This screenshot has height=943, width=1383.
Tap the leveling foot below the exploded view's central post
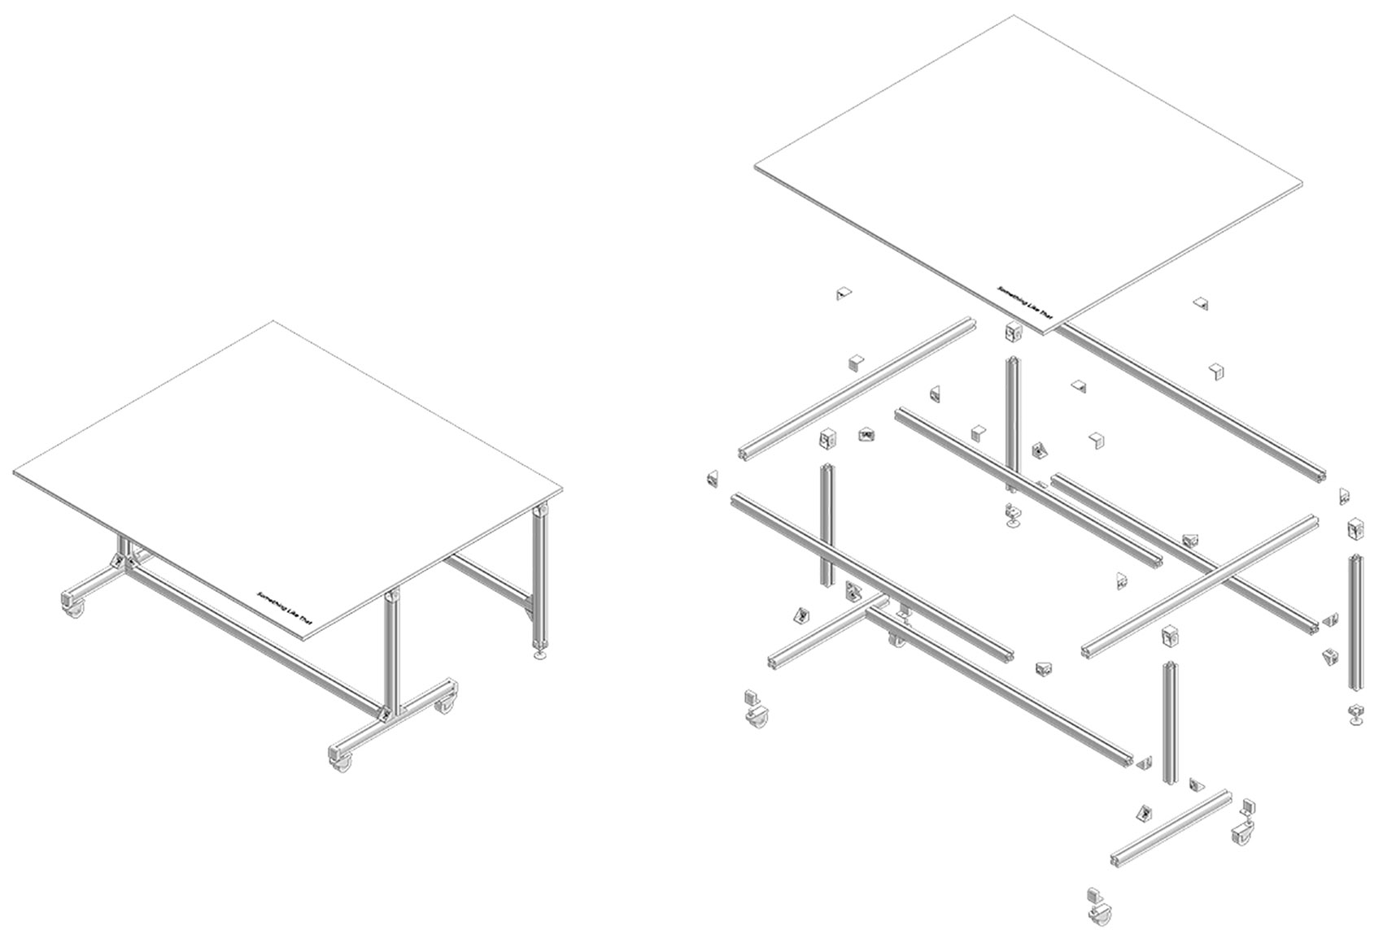click(x=1012, y=516)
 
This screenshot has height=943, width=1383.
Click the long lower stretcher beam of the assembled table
click(x=253, y=642)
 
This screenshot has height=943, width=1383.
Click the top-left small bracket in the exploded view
click(x=844, y=293)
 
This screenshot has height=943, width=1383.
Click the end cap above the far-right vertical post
click(x=1355, y=529)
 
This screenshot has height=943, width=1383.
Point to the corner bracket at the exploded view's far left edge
click(x=712, y=479)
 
